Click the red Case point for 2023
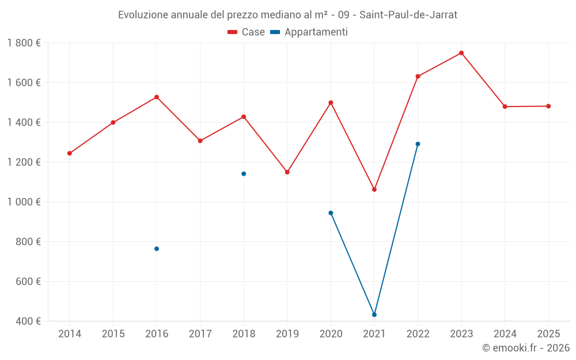click(461, 53)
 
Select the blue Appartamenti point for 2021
click(374, 314)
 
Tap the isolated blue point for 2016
click(157, 249)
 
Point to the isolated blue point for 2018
click(244, 173)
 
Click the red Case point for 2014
click(70, 153)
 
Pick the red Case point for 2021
click(374, 190)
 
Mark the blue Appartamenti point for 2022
click(418, 144)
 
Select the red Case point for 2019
click(287, 172)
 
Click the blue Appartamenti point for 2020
click(331, 213)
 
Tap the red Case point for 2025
click(548, 106)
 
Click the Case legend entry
click(246, 32)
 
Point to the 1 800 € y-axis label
click(24, 43)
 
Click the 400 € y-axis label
click(28, 321)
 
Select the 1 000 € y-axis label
click(24, 202)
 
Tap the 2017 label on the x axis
click(200, 334)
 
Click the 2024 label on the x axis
click(505, 334)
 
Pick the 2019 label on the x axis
click(287, 334)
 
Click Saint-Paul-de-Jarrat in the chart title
click(408, 15)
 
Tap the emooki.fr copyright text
click(526, 348)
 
